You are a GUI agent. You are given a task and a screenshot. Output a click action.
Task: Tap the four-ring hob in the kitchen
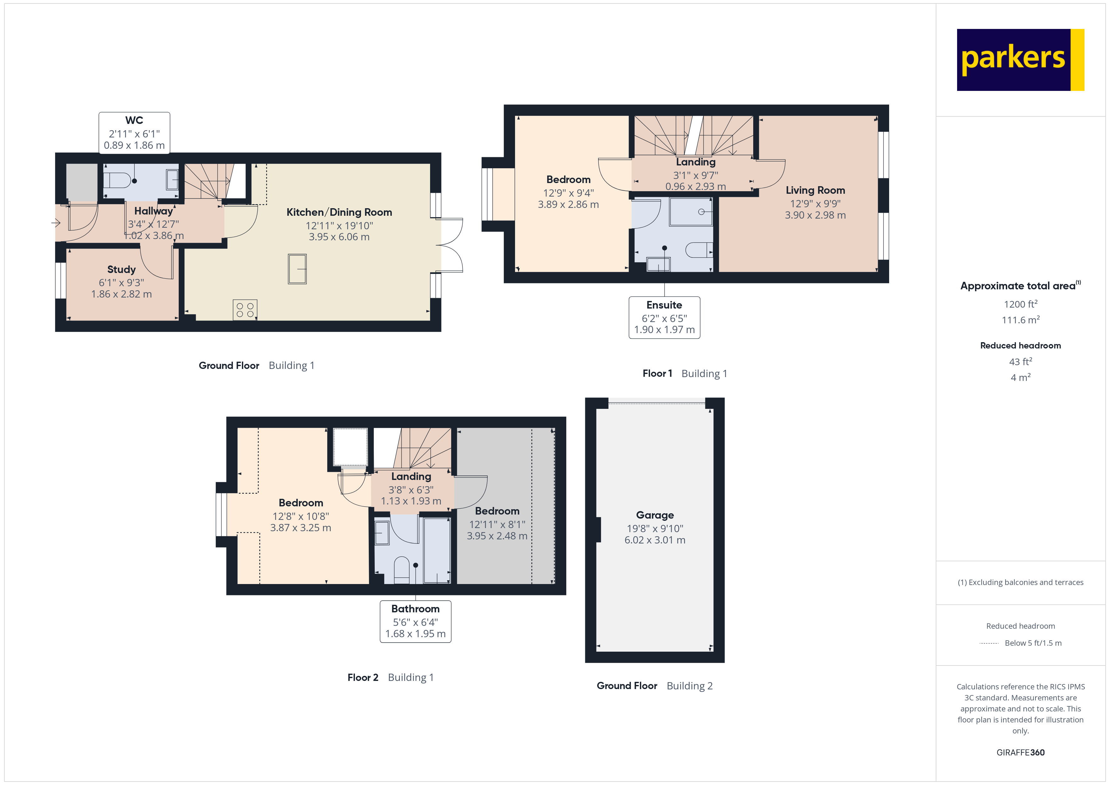(245, 310)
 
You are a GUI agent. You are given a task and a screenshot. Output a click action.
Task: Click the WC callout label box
(134, 133)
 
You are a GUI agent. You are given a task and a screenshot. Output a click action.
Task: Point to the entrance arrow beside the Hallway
(56, 223)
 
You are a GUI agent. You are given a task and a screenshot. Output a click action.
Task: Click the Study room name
(121, 269)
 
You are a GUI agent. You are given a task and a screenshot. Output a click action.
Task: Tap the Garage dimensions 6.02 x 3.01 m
(655, 540)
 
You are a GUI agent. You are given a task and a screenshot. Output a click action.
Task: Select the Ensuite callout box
(664, 317)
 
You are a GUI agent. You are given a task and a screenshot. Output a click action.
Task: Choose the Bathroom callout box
(415, 621)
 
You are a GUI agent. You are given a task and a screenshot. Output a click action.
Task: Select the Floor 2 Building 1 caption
(390, 677)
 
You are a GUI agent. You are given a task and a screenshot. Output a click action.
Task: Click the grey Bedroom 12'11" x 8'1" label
(497, 511)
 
